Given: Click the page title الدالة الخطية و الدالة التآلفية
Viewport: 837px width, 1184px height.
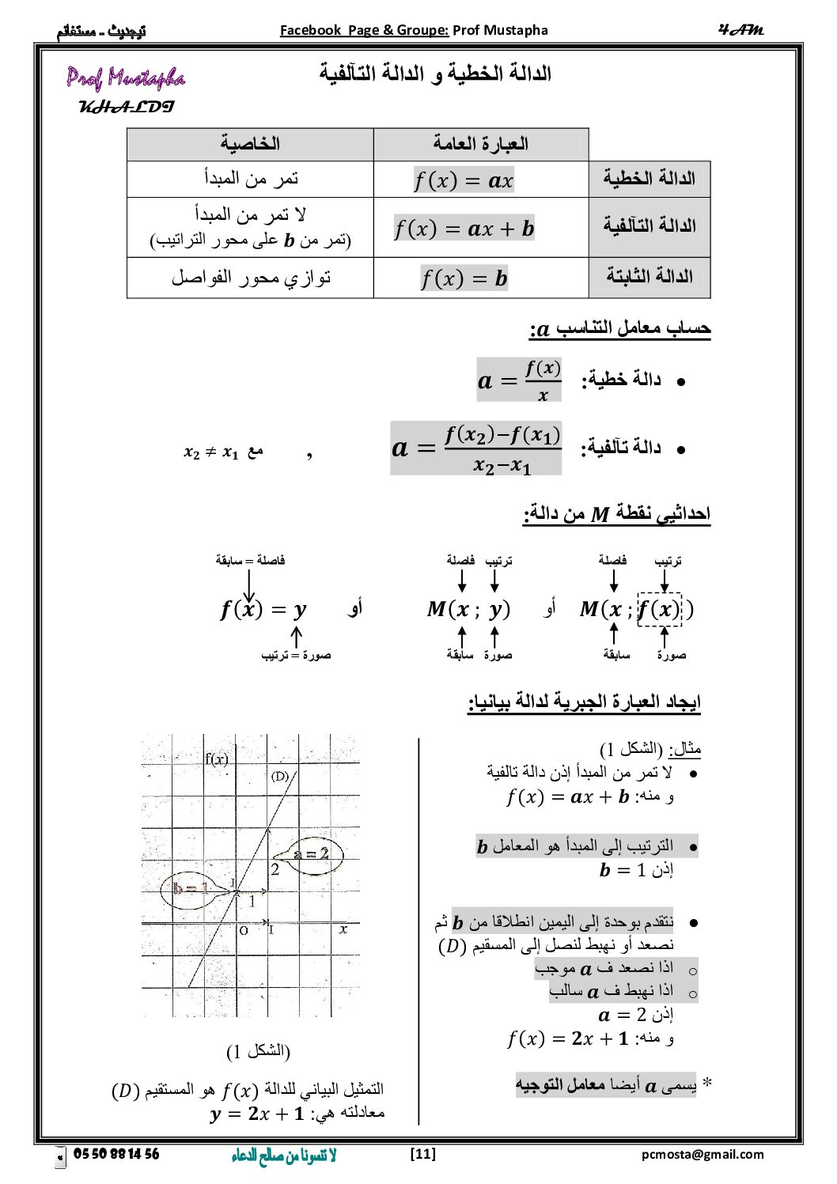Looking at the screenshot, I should point(435,74).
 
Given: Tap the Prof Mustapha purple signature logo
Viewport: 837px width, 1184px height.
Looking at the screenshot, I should point(126,78).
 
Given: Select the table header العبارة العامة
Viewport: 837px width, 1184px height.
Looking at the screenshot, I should point(480,144).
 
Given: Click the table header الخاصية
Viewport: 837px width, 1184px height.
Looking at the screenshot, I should point(250,144).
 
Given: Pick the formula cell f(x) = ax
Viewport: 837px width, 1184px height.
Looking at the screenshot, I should point(464,180).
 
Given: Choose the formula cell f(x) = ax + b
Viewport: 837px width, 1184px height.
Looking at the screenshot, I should point(464,229).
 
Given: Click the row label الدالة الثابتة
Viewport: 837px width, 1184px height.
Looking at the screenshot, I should point(650,277).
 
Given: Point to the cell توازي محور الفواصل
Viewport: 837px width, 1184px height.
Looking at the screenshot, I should point(251,278).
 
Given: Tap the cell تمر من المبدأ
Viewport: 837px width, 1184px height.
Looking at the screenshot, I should point(251,179).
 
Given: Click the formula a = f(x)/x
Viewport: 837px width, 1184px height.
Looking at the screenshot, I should point(519,380).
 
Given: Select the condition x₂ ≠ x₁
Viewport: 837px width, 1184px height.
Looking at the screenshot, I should point(211,452).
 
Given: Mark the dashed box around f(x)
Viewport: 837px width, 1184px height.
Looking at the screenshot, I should point(659,609).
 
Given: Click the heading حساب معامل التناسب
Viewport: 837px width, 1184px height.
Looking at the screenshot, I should point(620,328).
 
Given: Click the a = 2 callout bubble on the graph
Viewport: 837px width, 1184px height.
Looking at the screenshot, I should point(311,854).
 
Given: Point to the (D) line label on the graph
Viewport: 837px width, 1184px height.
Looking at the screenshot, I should point(280,776).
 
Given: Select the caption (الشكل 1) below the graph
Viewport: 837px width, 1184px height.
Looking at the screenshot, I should point(258,1051).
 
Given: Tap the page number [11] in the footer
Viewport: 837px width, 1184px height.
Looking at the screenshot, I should point(423,1154).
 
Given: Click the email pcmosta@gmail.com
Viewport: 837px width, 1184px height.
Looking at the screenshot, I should point(703,1154).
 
